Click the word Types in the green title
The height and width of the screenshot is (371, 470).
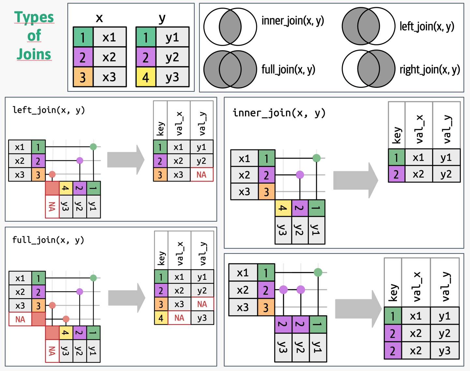coord(34,17)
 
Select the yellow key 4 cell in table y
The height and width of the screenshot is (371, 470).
coord(146,77)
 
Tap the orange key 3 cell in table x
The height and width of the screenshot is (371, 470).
coord(83,77)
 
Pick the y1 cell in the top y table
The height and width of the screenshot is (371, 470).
coord(172,38)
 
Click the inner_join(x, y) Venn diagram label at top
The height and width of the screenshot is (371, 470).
coord(293,21)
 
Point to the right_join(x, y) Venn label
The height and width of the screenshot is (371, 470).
coord(430,69)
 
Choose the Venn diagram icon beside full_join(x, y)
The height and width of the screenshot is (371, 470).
coord(230,69)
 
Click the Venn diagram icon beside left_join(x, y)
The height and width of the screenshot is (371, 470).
coord(368,26)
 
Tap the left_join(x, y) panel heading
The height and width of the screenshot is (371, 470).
coord(49,110)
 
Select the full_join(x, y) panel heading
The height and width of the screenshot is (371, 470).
coord(48,240)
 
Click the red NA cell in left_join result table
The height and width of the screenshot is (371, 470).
coord(201,175)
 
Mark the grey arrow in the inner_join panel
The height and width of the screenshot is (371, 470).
coord(355,180)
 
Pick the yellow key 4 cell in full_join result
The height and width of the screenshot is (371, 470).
coord(161,318)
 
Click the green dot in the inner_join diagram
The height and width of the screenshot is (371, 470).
coord(316,158)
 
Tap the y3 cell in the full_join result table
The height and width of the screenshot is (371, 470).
coord(202,318)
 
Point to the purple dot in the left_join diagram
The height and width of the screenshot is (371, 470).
coord(80,160)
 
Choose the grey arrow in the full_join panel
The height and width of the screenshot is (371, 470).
coord(126,298)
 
